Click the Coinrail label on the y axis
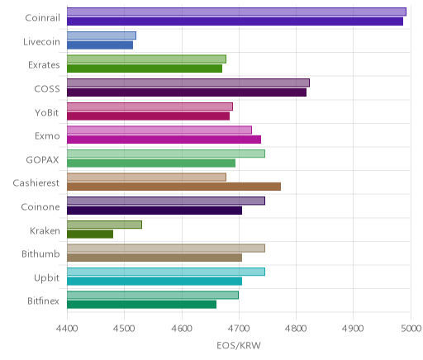(42, 18)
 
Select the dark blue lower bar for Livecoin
(100, 45)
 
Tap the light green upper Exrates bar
(146, 59)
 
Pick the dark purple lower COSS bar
(187, 92)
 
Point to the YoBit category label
(47, 113)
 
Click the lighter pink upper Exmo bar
(159, 130)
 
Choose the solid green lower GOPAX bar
(151, 163)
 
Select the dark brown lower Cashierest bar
(174, 187)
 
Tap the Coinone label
(40, 207)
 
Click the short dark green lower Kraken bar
(90, 234)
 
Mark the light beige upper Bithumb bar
(166, 249)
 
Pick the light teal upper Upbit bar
(166, 272)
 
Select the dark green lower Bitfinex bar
(142, 305)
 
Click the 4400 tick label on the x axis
(67, 329)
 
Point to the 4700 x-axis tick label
(239, 329)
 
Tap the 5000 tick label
(411, 329)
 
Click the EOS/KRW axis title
(239, 345)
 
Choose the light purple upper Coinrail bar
(236, 12)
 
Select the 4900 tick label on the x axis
(354, 329)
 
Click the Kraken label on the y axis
(45, 231)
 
